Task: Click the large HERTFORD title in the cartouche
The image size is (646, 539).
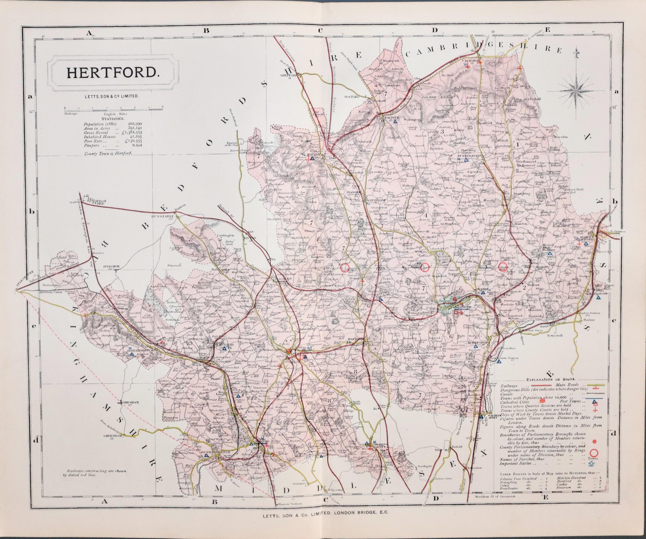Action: click(111, 72)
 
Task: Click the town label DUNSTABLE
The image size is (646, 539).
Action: click(163, 216)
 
